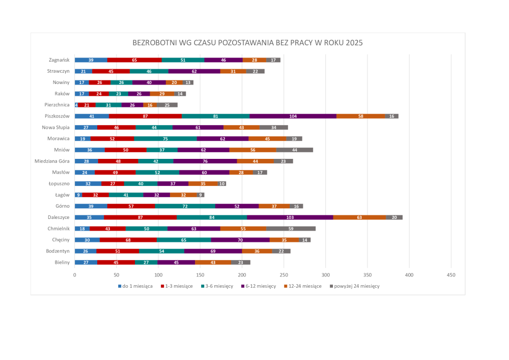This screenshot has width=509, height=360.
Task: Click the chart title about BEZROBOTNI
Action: (248, 43)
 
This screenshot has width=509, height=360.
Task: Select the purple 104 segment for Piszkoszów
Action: (293, 116)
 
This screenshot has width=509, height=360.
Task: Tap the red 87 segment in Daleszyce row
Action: (140, 217)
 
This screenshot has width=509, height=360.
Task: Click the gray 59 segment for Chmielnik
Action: (291, 229)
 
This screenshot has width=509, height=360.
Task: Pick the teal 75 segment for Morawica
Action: (165, 139)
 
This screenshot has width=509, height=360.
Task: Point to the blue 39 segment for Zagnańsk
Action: (91, 60)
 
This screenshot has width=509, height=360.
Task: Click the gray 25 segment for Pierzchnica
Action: (167, 105)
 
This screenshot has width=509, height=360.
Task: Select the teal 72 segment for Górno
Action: (185, 206)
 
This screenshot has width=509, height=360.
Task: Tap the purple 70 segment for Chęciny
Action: (240, 240)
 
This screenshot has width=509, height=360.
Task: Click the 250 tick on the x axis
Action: (284, 275)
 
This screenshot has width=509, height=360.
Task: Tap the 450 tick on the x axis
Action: (450, 275)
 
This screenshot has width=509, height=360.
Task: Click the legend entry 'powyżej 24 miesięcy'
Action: (356, 286)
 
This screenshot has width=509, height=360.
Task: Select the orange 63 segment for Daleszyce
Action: (359, 217)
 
